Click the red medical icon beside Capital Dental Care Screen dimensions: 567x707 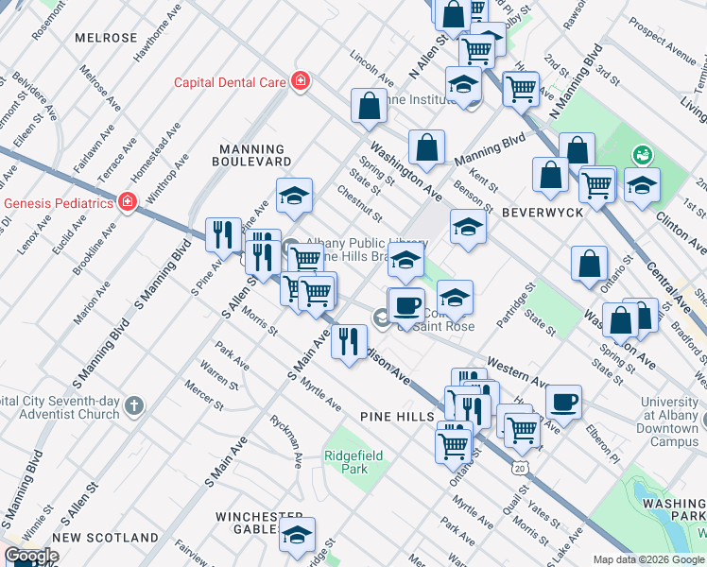301,82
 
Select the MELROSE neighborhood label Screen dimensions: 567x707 106,38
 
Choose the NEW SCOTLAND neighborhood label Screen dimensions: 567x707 105,538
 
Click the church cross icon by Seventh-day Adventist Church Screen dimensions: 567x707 135,405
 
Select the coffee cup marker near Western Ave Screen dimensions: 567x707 564,402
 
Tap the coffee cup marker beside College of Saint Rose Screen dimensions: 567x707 406,305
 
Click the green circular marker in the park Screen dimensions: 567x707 643,153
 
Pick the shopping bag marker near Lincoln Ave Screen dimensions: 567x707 370,107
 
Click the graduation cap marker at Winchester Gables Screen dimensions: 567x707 298,535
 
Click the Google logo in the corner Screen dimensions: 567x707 31,557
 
